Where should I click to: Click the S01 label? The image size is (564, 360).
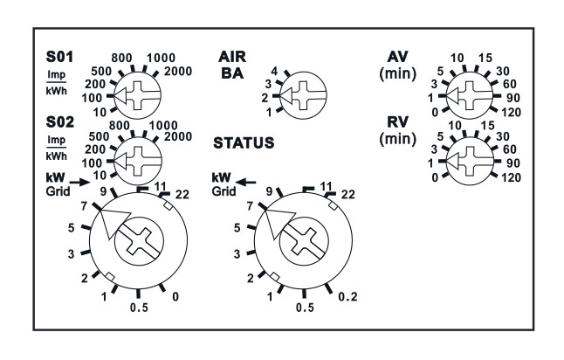pyautogui.click(x=59, y=57)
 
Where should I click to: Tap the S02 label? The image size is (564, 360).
pyautogui.click(x=59, y=122)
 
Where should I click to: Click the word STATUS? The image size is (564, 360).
pyautogui.click(x=244, y=143)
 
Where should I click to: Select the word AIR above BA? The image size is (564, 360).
pyautogui.click(x=232, y=57)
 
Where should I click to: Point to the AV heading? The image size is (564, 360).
pyautogui.click(x=397, y=57)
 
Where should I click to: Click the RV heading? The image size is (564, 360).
pyautogui.click(x=397, y=122)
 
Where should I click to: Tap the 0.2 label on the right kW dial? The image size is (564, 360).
pyautogui.click(x=348, y=296)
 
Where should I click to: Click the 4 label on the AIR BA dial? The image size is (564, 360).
pyautogui.click(x=274, y=71)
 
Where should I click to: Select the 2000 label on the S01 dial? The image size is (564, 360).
pyautogui.click(x=178, y=72)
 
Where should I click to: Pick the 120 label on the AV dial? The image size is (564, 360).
pyautogui.click(x=511, y=113)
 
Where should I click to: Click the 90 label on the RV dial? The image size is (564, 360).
pyautogui.click(x=513, y=163)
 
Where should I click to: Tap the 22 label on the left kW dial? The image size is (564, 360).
pyautogui.click(x=182, y=194)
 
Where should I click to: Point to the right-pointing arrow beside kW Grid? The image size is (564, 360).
pyautogui.click(x=79, y=182)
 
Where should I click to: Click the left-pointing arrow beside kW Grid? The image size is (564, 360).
pyautogui.click(x=245, y=182)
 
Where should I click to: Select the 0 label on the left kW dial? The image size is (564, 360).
pyautogui.click(x=175, y=296)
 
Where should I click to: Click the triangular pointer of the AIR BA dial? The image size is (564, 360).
pyautogui.click(x=286, y=96)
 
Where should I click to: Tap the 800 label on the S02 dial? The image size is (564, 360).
pyautogui.click(x=119, y=125)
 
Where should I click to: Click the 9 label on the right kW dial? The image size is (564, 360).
pyautogui.click(x=270, y=192)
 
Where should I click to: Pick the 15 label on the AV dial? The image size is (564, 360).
pyautogui.click(x=485, y=58)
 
